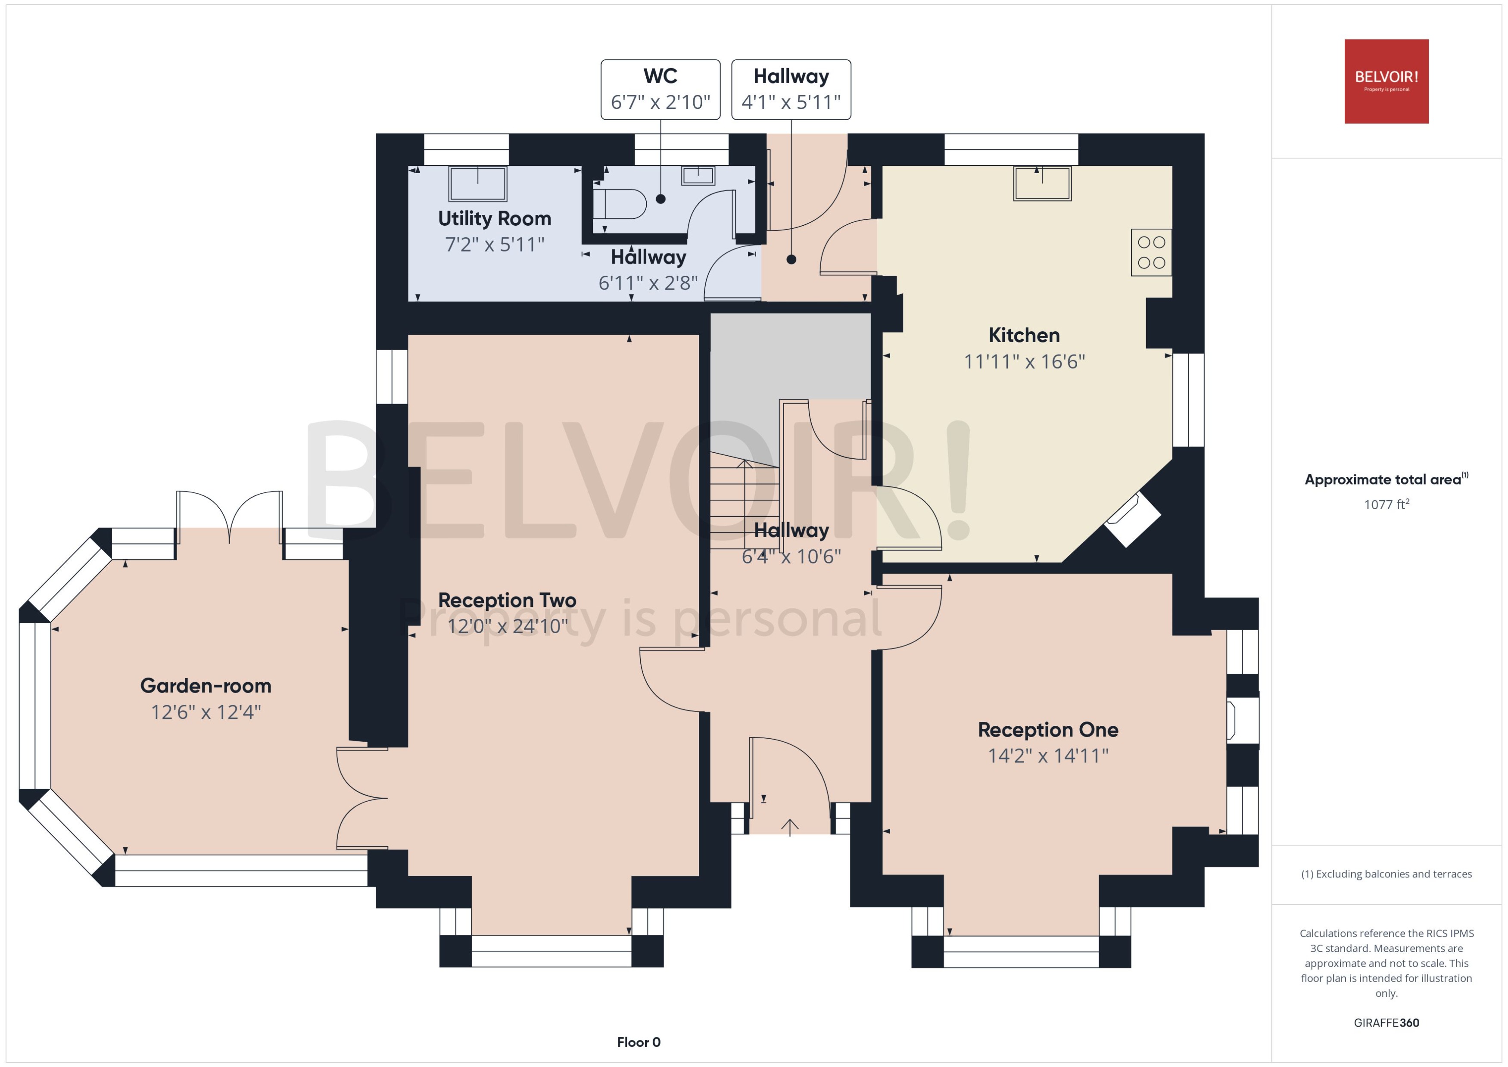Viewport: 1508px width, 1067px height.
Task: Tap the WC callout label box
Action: coord(661,89)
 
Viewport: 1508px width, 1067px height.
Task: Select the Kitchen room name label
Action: coord(1024,335)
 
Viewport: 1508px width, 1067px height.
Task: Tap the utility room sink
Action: coord(478,184)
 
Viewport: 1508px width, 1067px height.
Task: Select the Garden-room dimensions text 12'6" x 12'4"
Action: coord(206,712)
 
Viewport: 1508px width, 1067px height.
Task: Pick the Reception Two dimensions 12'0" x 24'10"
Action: coord(507,626)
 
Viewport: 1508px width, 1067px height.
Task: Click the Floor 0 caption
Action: coord(638,1042)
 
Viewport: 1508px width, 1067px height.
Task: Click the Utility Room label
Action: coord(494,218)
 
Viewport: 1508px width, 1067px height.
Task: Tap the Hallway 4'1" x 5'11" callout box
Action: coord(791,89)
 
